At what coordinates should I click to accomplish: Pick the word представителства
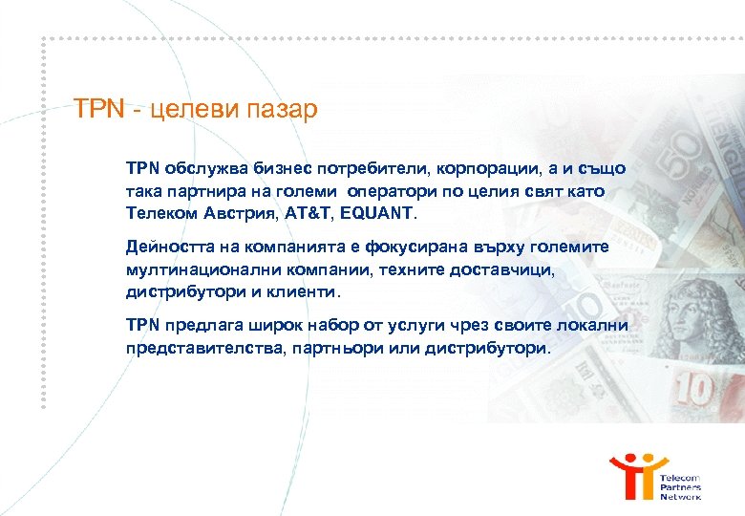tap(198, 349)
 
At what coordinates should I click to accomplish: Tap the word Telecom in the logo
tap(680, 477)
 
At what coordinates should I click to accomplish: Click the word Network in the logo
tap(681, 496)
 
